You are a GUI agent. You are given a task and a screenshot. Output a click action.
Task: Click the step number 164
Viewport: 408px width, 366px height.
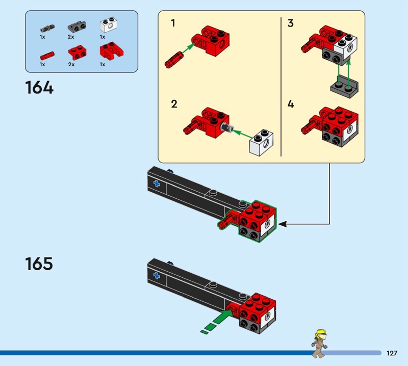(39, 88)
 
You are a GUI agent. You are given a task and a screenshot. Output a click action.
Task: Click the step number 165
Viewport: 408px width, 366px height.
(39, 264)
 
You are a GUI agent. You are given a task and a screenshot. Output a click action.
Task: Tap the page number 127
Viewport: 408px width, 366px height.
(392, 353)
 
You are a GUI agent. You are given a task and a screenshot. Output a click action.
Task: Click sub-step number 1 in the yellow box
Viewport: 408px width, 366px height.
(173, 23)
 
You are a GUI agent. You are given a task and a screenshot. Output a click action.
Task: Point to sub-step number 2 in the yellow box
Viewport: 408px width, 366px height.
(174, 104)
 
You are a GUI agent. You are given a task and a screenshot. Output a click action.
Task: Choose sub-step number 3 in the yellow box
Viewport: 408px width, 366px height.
(291, 23)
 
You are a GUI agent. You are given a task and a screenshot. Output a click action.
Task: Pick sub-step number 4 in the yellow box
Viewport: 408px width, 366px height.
(291, 104)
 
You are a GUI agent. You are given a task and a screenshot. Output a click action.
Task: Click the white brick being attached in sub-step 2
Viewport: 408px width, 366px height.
(261, 143)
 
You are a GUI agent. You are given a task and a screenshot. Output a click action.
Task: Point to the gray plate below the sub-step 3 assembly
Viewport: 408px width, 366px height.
(344, 88)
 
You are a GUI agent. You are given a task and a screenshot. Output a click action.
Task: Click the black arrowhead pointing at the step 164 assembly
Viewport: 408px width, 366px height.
(282, 223)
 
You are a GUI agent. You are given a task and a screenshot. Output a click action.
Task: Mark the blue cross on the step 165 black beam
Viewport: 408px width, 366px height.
(156, 276)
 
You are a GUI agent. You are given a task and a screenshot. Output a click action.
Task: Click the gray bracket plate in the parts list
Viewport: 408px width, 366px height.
(75, 25)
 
